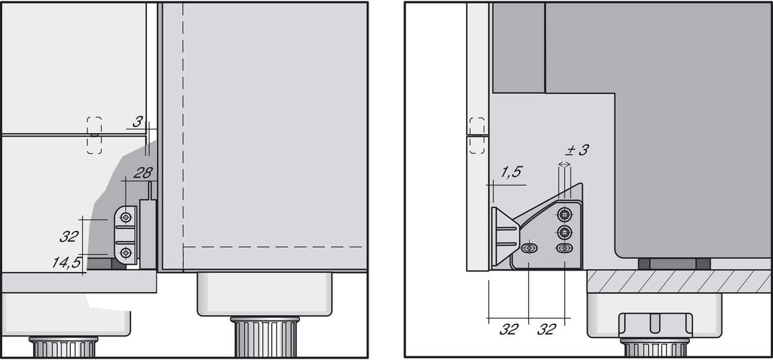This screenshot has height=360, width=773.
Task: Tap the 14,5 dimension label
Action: click(67, 262)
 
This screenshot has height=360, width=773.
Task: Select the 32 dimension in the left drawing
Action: click(69, 236)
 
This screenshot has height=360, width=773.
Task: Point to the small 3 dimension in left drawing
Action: click(137, 122)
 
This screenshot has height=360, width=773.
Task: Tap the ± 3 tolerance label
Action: click(577, 150)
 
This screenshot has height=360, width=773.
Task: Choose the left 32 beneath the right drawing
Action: click(509, 329)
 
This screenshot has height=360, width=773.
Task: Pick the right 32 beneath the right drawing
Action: click(547, 329)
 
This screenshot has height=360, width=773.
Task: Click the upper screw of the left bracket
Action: click(127, 216)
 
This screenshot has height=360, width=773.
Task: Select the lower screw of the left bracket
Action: click(127, 252)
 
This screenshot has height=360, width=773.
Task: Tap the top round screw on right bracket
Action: click(565, 214)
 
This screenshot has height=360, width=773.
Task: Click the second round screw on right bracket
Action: click(565, 232)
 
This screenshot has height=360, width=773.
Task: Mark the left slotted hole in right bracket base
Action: click(529, 248)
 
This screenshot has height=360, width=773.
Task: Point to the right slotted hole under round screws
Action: click(565, 248)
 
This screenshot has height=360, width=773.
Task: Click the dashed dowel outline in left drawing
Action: click(94, 135)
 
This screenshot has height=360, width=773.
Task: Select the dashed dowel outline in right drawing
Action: click(477, 135)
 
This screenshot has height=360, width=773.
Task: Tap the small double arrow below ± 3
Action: click(565, 165)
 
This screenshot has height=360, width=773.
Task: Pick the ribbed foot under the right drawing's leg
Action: click(655, 348)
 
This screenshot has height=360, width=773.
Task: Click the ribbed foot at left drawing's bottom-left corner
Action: click(64, 347)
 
